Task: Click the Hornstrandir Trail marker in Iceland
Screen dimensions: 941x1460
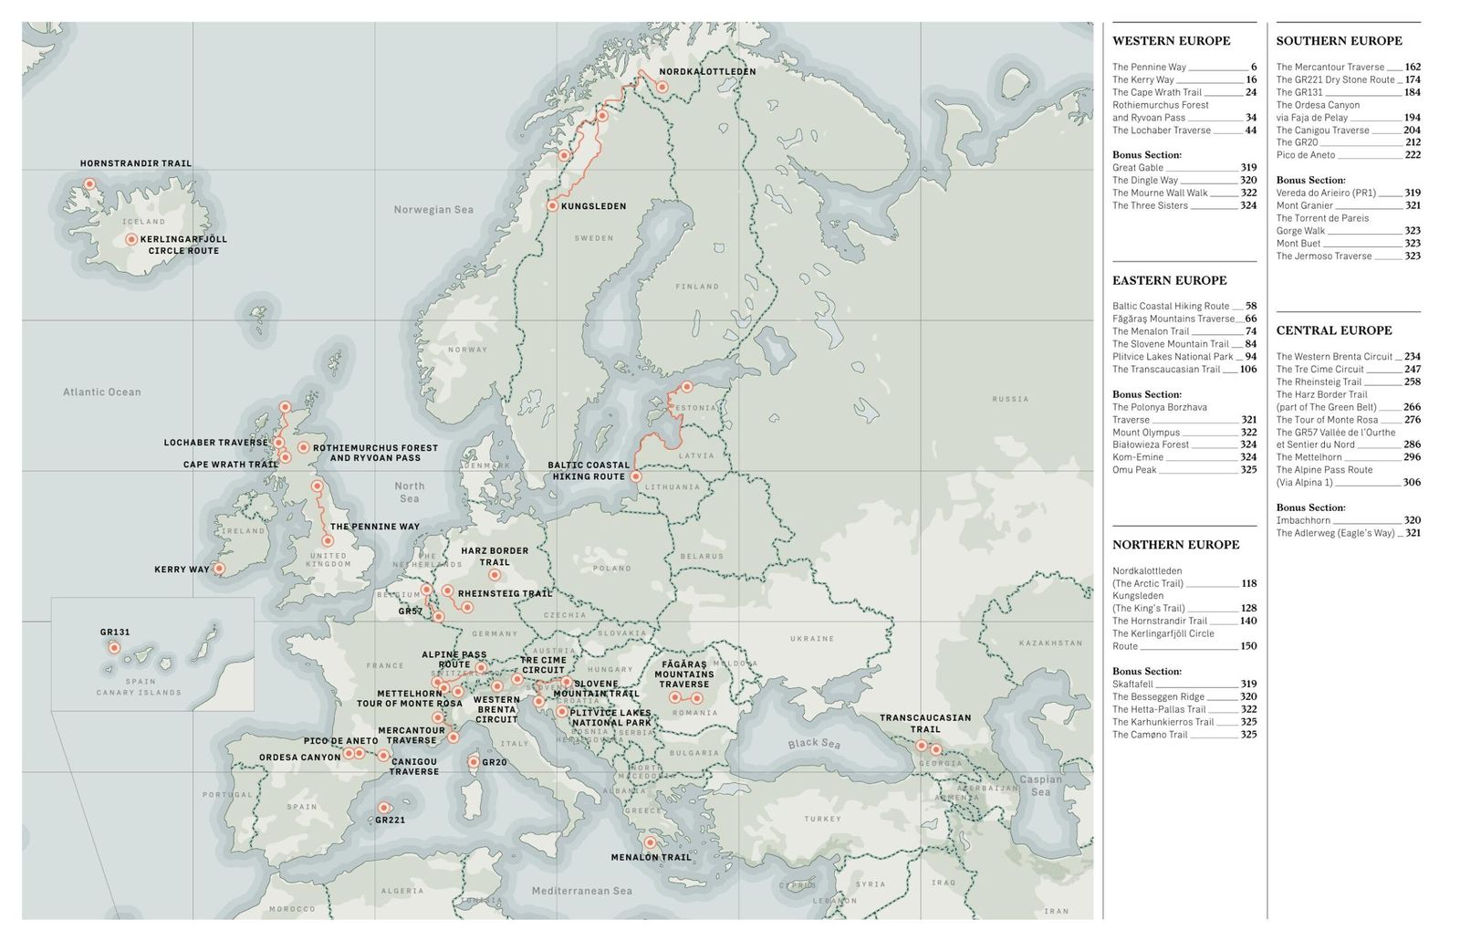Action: pos(89,183)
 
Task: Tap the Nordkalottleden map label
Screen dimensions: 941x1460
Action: pos(707,71)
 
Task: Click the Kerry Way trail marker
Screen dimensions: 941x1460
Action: pos(219,569)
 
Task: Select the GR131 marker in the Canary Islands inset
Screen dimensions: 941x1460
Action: pos(114,647)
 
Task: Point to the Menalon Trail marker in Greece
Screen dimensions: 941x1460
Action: pos(650,842)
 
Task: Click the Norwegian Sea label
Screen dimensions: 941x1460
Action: pos(433,210)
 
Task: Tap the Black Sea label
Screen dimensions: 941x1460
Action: pos(814,743)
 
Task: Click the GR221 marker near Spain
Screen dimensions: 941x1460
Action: pos(384,808)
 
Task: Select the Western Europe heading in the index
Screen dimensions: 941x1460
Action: pos(1171,41)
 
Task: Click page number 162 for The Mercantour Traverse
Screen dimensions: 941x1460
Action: pos(1413,67)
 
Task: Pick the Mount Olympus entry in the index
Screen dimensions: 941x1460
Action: pos(1145,433)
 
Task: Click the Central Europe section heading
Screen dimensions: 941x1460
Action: pos(1333,330)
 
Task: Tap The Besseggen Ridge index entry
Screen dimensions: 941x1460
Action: pos(1158,696)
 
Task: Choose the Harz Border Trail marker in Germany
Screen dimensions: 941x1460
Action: pos(495,575)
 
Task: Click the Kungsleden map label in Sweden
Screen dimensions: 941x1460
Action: pos(593,206)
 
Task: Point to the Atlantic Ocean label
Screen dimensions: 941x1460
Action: pos(102,392)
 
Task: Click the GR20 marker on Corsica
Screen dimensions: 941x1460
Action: pos(474,761)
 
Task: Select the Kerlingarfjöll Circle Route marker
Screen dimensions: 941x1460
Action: pos(131,239)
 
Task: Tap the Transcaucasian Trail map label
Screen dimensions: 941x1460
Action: pos(924,723)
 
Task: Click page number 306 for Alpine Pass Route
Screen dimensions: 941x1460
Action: pos(1413,483)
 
